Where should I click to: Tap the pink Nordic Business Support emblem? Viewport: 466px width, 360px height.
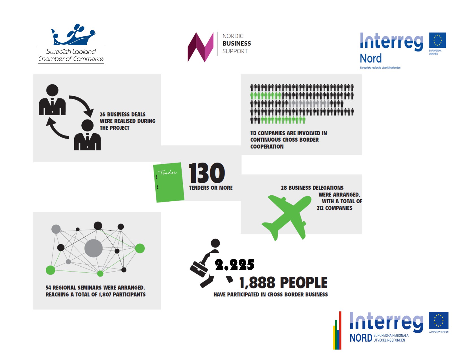[201, 47]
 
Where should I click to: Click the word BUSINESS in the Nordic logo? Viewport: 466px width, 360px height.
[237, 43]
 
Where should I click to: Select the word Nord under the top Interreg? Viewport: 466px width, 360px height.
[371, 58]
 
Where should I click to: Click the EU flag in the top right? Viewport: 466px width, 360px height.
[437, 40]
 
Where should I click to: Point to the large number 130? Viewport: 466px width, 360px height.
[207, 173]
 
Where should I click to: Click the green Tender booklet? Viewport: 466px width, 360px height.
[169, 182]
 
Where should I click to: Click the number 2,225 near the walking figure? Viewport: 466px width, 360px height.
[234, 265]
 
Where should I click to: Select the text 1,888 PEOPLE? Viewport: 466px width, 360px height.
[283, 283]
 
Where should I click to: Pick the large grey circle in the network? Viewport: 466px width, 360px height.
[93, 248]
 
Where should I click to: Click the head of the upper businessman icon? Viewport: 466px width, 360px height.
[52, 90]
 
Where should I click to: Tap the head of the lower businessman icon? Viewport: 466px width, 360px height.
[88, 125]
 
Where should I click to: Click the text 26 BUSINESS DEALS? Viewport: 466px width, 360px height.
[123, 114]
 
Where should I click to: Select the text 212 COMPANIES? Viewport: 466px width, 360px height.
[334, 208]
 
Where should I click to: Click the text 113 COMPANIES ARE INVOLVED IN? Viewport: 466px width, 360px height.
[288, 133]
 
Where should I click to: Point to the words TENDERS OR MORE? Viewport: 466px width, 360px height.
[211, 188]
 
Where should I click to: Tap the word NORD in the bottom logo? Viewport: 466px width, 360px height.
[361, 338]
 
